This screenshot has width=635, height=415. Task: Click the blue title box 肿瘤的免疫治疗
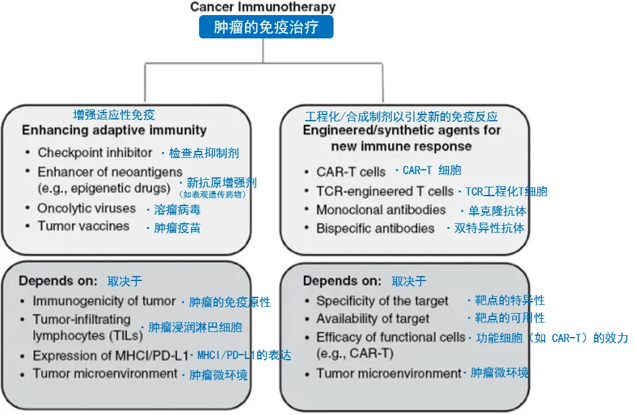tap(266, 28)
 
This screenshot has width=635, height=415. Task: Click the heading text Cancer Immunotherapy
tap(263, 8)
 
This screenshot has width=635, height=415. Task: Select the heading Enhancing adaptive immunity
tap(114, 130)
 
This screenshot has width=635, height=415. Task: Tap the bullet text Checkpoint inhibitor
tap(95, 152)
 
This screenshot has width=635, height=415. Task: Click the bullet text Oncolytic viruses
tap(87, 208)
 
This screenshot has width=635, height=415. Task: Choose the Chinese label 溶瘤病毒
tap(177, 210)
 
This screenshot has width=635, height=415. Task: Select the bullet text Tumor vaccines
tap(84, 226)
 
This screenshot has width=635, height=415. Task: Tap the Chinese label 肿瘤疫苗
tap(177, 228)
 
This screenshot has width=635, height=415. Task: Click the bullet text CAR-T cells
tap(351, 172)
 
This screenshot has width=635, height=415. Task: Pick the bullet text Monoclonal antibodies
tap(381, 209)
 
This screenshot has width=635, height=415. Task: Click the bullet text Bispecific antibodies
tap(375, 228)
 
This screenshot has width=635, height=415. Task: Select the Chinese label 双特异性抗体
tap(489, 228)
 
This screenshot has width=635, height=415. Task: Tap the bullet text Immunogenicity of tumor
tap(104, 301)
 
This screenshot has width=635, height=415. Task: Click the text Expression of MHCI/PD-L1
tap(111, 355)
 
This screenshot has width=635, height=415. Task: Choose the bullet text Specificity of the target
tap(383, 301)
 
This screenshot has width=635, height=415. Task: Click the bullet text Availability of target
tap(373, 319)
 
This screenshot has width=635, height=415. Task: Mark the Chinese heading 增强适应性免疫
tap(114, 115)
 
